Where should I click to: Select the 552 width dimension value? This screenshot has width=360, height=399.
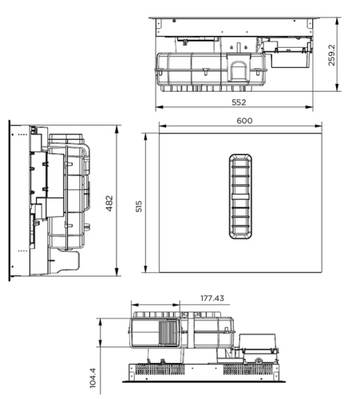coord(239,103)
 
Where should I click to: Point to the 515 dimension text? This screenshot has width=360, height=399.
coord(140,207)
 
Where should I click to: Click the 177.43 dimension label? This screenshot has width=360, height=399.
coord(212,298)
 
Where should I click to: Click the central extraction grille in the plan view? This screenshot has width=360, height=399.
coord(239,196)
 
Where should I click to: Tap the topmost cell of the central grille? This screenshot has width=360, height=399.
coord(239,162)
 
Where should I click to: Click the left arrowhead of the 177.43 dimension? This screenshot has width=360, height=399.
coord(133,304)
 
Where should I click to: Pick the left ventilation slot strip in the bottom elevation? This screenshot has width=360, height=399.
coord(152,369)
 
